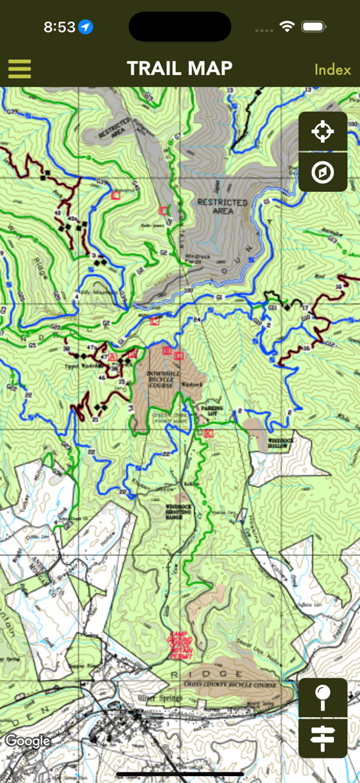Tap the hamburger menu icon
(x=20, y=69)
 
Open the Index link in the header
(x=332, y=70)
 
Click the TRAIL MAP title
(x=180, y=69)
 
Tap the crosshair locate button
(x=323, y=132)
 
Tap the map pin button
(x=323, y=698)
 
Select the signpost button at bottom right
(x=323, y=739)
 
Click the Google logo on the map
(x=28, y=740)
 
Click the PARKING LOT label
(x=212, y=411)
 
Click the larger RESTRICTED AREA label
(x=222, y=206)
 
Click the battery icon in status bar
(x=313, y=27)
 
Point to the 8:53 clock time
(x=59, y=28)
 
